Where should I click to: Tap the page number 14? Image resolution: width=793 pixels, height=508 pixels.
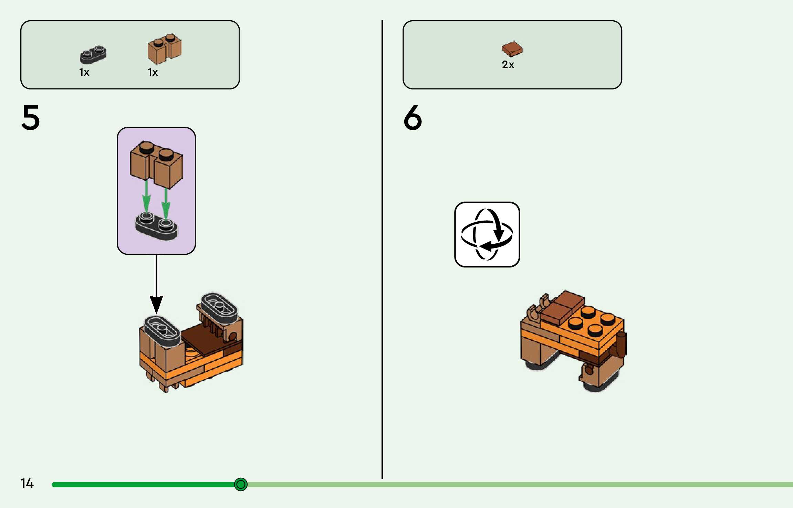(27, 483)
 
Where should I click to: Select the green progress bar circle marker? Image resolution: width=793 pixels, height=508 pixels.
(241, 484)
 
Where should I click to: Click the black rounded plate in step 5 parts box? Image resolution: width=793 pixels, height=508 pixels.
(93, 55)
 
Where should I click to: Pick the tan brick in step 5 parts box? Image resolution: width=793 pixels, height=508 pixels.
(165, 49)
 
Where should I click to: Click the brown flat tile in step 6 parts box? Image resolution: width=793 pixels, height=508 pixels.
(512, 49)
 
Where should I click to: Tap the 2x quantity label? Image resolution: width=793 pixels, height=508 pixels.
(508, 65)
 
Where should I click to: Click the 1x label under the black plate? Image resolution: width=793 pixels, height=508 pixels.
(84, 72)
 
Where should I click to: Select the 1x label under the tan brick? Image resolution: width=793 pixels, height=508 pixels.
(153, 72)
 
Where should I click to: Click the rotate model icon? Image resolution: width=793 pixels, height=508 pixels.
(487, 234)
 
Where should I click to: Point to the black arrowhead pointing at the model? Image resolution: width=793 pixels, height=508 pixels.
(156, 305)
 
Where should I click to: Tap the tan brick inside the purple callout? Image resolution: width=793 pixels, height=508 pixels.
(156, 163)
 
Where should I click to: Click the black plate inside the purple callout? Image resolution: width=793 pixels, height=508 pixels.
(156, 226)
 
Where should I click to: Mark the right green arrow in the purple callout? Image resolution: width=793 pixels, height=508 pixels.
(166, 203)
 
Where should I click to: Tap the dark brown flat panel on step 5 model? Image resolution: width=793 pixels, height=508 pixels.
(203, 339)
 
